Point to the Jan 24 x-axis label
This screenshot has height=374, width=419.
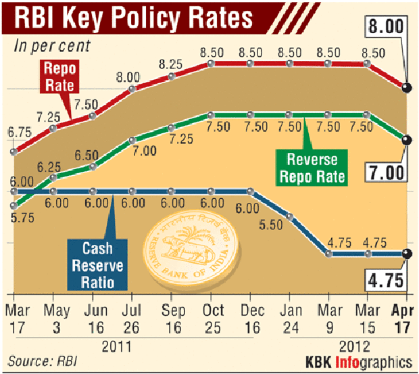point(289,317)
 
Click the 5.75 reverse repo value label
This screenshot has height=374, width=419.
point(20,218)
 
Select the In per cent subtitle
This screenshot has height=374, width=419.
point(53,47)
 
